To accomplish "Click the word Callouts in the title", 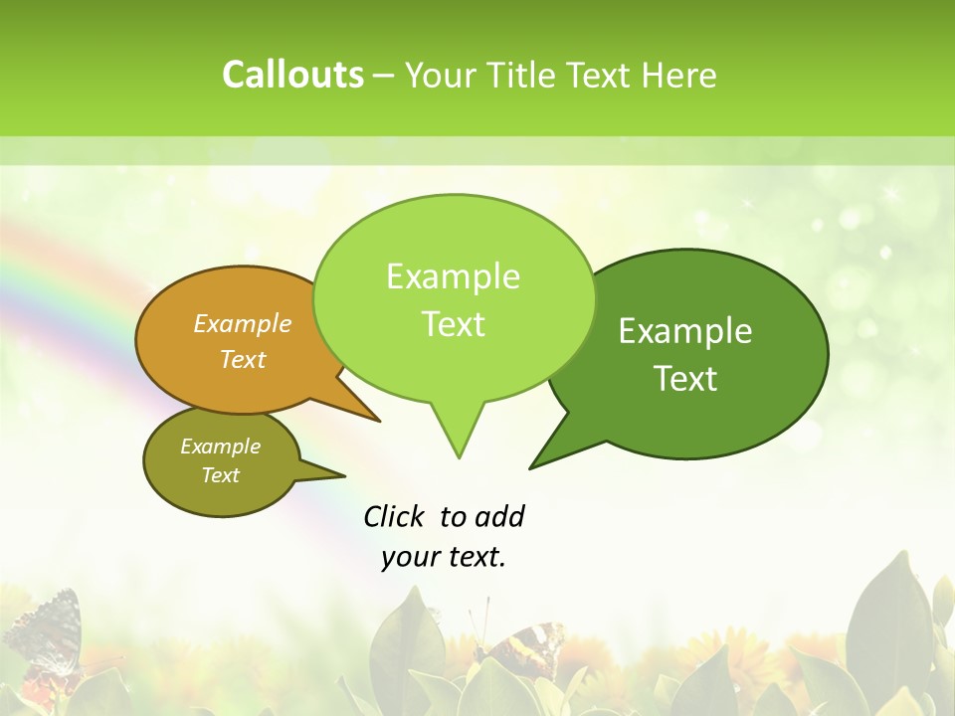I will (292, 75).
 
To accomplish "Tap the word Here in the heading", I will (680, 76).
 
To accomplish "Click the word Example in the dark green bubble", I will (685, 331).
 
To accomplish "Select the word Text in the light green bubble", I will (454, 324).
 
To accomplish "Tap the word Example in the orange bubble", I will (243, 323).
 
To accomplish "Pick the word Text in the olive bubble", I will (221, 475).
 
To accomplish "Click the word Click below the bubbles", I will (395, 516).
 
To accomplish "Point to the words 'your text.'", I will (444, 557).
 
